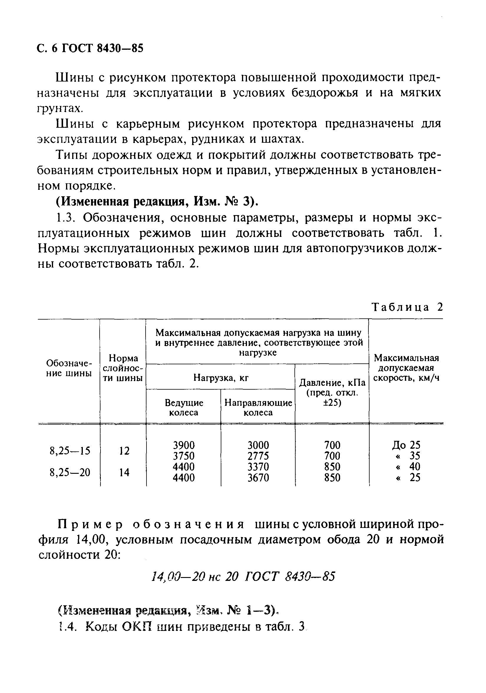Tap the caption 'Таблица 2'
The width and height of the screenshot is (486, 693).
tap(407, 307)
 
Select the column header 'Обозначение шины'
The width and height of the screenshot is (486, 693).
tap(69, 368)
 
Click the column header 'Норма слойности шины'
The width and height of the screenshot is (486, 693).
tap(123, 368)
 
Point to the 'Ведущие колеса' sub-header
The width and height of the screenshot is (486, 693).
tap(184, 408)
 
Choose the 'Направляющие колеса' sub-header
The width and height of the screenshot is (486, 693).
tap(258, 408)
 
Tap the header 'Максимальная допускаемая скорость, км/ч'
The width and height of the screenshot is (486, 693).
tap(406, 368)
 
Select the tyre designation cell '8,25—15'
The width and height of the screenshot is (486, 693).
tap(70, 451)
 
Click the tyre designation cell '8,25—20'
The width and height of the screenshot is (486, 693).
tap(70, 472)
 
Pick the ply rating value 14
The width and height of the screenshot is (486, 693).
tap(124, 472)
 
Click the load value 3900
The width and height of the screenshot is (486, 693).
tap(184, 445)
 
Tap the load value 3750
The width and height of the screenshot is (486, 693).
tap(184, 456)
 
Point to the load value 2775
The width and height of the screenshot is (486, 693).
tap(258, 456)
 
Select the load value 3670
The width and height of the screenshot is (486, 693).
tap(258, 478)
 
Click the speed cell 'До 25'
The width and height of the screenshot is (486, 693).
tap(406, 445)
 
